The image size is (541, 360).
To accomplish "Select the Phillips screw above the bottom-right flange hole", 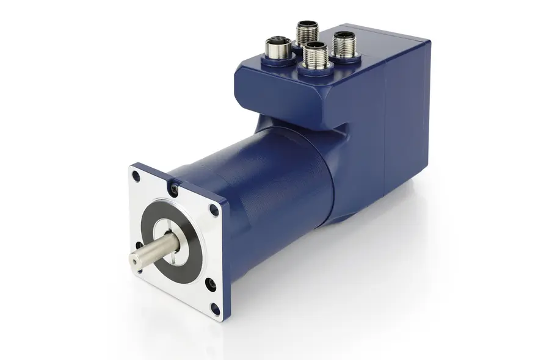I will [x=210, y=283].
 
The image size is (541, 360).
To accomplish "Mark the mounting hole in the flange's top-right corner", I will [x=213, y=209].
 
